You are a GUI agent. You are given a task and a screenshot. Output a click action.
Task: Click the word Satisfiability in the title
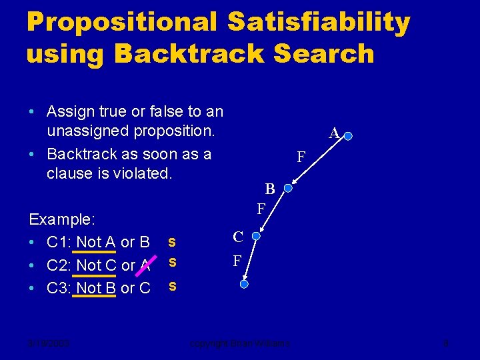click(319, 23)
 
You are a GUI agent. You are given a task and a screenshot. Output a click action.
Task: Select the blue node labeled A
click(348, 136)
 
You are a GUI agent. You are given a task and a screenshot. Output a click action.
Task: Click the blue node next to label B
click(288, 189)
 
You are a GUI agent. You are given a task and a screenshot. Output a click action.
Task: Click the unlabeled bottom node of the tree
click(244, 284)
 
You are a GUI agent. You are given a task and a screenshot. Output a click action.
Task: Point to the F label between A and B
click(301, 157)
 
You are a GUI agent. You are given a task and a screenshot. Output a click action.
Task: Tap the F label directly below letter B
click(262, 209)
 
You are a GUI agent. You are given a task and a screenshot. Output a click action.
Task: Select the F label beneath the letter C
click(237, 261)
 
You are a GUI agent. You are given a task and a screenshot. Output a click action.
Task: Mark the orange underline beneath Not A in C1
click(95, 251)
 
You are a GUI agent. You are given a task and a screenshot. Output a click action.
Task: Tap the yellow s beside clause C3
click(172, 285)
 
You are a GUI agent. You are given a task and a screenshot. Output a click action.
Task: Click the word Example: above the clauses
click(62, 219)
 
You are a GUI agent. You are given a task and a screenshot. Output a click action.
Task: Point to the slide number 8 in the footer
click(446, 344)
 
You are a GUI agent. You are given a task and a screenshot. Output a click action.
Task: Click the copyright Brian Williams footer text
click(239, 344)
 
